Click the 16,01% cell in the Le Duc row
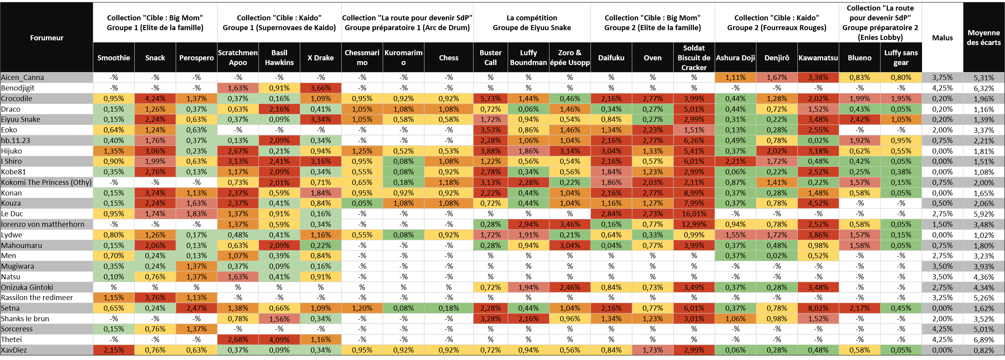coord(694,214)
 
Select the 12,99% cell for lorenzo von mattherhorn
coord(694,224)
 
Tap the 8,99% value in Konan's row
coord(694,193)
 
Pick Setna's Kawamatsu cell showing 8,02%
coord(818,308)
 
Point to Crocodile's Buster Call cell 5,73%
coord(490,99)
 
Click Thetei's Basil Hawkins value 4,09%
coord(279,340)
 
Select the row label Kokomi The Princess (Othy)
coord(46,182)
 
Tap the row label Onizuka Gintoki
coord(27,287)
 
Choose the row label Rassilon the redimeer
coord(37,298)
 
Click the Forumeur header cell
coord(47,38)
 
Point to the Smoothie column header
coord(114,58)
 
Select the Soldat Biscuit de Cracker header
coord(694,58)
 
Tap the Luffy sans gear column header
coord(901,58)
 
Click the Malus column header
coord(942,38)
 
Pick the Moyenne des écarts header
coord(983,38)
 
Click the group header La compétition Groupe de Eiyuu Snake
coord(531,23)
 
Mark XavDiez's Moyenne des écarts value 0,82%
coord(983,350)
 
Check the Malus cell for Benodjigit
coord(942,88)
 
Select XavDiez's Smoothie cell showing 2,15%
coord(114,350)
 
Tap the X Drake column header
coord(320,58)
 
